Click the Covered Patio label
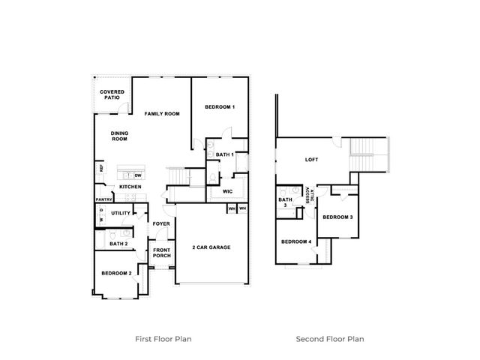[x=112, y=94]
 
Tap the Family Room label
[x=162, y=114]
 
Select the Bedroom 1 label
[x=220, y=107]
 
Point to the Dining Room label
[x=119, y=136]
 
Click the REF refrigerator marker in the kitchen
[x=101, y=168]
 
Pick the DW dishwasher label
[x=138, y=175]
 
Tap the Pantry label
[x=104, y=199]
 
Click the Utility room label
[x=121, y=213]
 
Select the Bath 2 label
[x=118, y=244]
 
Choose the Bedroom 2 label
[x=117, y=273]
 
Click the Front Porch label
[x=162, y=253]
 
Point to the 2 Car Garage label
[x=211, y=247]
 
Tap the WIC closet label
[x=227, y=192]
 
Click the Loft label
[x=312, y=160]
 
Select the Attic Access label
[x=310, y=195]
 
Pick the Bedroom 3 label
[x=337, y=217]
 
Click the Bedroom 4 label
[x=296, y=241]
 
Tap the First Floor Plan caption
[x=163, y=339]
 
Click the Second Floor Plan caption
[x=330, y=339]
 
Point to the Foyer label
[x=161, y=224]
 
